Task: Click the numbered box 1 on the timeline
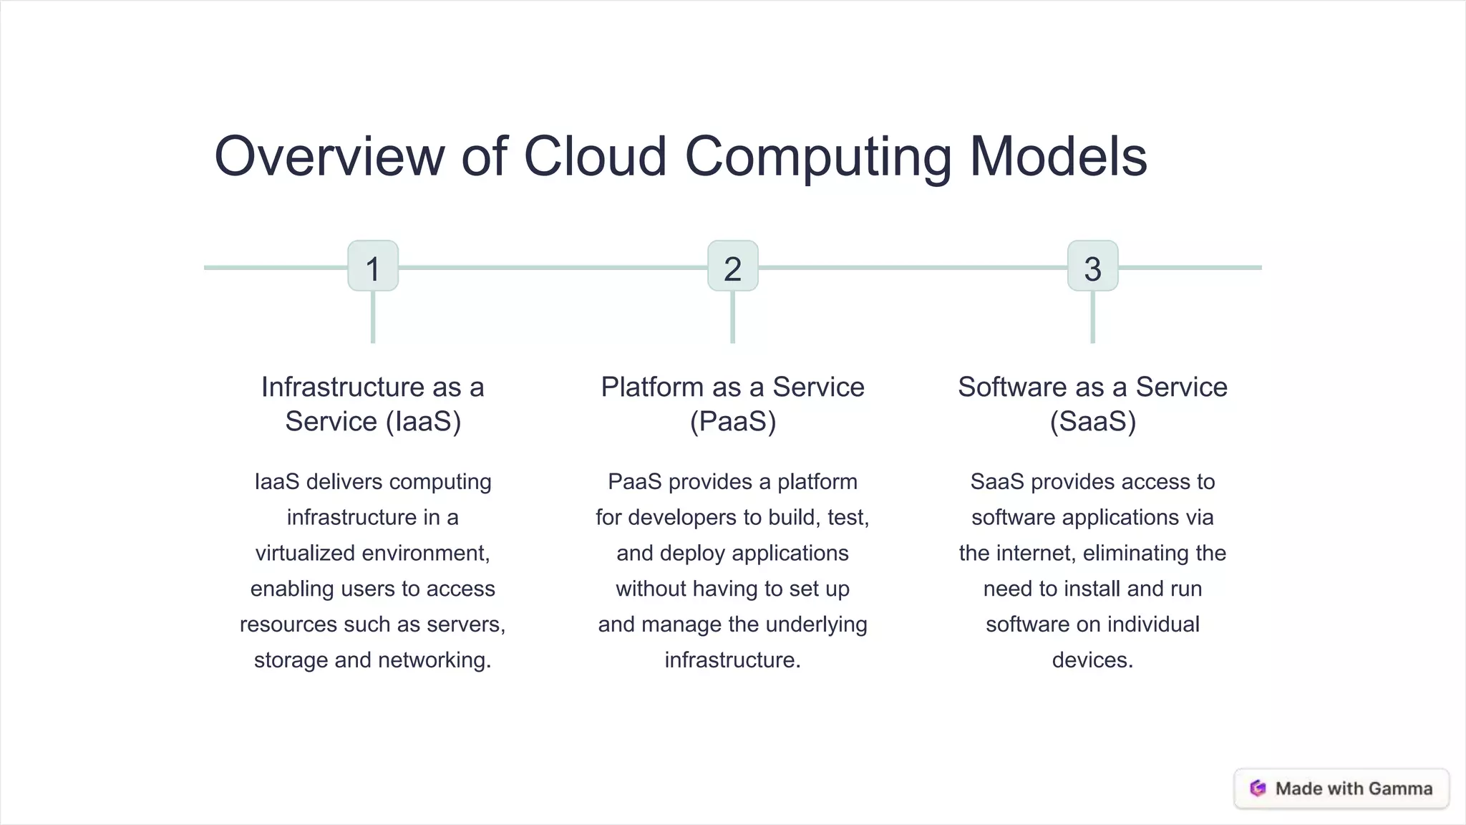click(373, 266)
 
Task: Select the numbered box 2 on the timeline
click(732, 266)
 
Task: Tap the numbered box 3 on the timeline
click(1092, 266)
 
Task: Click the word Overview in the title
click(330, 156)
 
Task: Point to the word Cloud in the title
click(596, 156)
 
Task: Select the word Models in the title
click(1058, 156)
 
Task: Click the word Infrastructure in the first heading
click(343, 387)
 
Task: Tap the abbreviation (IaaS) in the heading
click(423, 421)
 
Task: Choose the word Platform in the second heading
click(652, 387)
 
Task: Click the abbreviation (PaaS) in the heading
click(733, 421)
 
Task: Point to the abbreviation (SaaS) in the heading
click(1093, 421)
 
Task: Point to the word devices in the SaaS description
click(1092, 660)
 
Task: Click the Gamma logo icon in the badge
click(1258, 788)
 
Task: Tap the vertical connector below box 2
click(732, 317)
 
